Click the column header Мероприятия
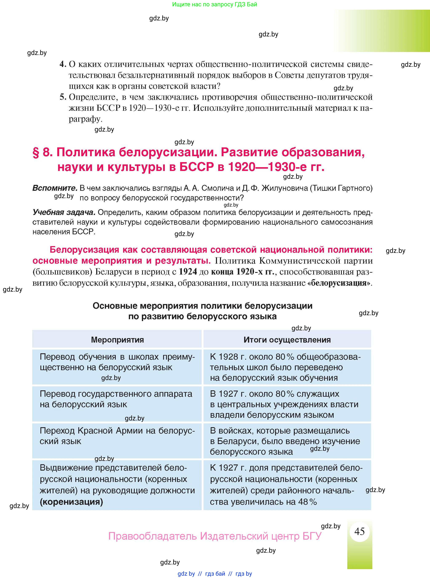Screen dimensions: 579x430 tap(117, 340)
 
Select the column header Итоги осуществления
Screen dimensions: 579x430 tap(287, 340)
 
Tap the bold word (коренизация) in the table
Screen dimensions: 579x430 tap(71, 502)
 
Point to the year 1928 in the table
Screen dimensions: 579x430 tap(228, 357)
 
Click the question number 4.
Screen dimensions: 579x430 tap(63, 64)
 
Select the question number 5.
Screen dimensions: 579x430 tap(63, 97)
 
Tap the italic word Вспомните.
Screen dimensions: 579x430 tap(55, 188)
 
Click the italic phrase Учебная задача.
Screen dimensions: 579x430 tap(64, 212)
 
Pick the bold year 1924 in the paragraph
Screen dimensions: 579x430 tap(188, 272)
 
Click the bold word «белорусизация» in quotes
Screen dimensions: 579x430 tap(340, 283)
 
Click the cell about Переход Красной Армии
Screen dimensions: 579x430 tap(117, 436)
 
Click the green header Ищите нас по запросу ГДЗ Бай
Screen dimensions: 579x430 tap(215, 4)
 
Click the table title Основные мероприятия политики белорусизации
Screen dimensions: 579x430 tap(202, 306)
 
